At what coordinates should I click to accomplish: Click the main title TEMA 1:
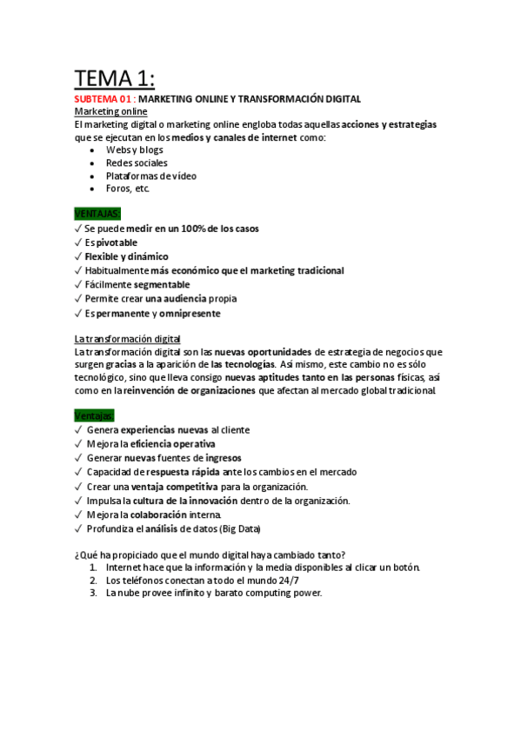[114, 79]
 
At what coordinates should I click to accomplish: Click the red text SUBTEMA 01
[103, 99]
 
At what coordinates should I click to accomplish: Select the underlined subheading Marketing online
[110, 112]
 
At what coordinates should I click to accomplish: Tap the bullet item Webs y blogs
[134, 149]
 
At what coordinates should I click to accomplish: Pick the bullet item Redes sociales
[137, 163]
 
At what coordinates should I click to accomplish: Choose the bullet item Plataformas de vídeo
[151, 176]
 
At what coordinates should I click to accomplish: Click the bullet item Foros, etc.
[128, 189]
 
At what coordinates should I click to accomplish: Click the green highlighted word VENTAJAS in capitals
[98, 213]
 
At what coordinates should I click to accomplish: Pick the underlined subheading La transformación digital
[139, 338]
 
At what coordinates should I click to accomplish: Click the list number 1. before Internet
[93, 567]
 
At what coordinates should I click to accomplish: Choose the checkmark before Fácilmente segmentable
[79, 285]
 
